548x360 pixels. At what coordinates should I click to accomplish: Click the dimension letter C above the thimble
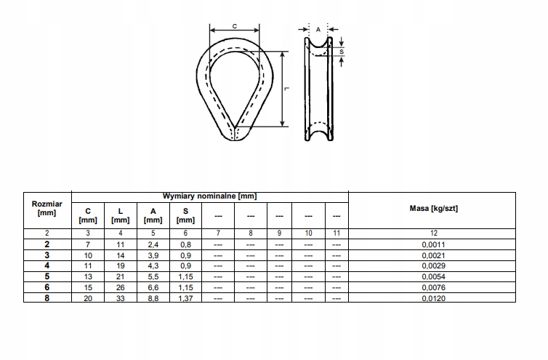235,25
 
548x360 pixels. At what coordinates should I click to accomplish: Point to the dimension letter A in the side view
318,28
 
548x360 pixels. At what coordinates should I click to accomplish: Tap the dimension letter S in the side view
342,51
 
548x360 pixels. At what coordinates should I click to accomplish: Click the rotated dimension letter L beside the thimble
289,89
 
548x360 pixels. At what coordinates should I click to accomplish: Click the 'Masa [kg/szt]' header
434,209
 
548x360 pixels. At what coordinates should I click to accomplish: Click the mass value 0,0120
434,297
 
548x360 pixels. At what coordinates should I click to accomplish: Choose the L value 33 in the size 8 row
120,297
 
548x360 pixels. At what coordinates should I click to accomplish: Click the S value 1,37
185,297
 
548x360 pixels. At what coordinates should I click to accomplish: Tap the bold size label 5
47,277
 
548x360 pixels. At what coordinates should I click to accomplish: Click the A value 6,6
153,287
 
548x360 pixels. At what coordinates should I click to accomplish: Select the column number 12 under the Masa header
434,233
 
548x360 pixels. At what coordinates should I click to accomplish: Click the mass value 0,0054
434,277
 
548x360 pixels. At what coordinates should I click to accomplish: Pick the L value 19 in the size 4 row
120,267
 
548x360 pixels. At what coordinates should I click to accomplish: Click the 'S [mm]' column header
185,215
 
